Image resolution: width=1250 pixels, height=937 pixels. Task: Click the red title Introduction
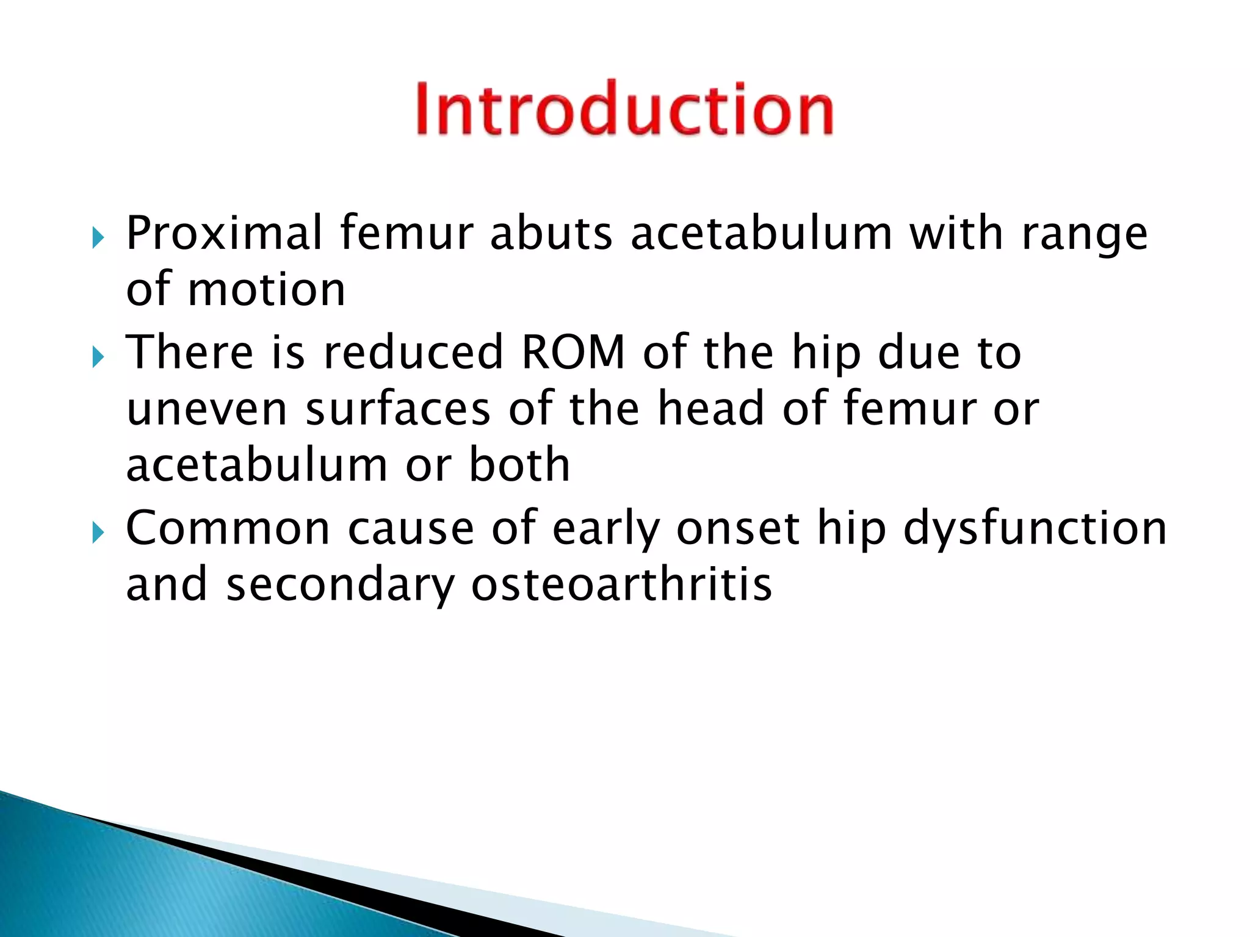[624, 109]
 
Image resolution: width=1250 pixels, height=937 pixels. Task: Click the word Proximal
[223, 234]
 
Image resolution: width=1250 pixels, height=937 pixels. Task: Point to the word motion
[267, 290]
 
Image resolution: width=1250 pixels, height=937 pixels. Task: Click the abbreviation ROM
[574, 353]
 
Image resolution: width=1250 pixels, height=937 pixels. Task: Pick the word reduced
[413, 353]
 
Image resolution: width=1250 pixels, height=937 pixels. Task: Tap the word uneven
[207, 410]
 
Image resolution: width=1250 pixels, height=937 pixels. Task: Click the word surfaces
[398, 409]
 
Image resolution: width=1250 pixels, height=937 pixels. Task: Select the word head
[711, 409]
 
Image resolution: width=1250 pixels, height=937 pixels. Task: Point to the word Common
[228, 528]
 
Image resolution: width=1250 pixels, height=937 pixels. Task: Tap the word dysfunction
[1035, 528]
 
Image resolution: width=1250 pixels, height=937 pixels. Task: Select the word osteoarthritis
[621, 584]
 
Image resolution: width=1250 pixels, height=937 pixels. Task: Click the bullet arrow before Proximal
[98, 237]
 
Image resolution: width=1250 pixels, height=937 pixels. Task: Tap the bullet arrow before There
[98, 357]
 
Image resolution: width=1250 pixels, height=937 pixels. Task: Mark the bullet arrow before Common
[98, 533]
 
